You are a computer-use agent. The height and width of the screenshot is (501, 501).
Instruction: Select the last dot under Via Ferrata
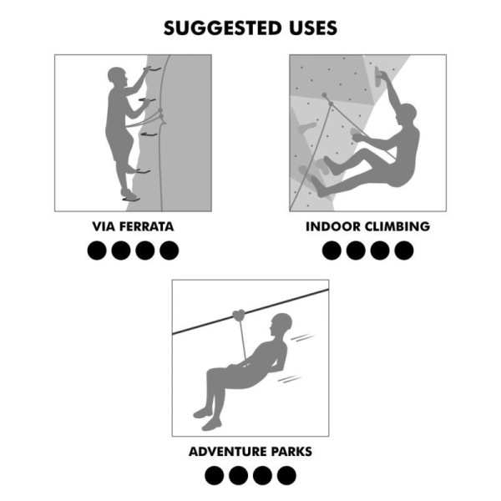[x=170, y=250]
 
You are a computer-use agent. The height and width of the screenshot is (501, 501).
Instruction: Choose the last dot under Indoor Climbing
[x=404, y=250]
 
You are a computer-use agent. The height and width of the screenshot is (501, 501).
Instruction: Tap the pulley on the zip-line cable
[x=240, y=316]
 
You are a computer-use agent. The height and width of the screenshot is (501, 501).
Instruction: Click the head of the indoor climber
[x=407, y=111]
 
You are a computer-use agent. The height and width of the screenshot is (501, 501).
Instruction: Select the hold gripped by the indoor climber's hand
[x=382, y=77]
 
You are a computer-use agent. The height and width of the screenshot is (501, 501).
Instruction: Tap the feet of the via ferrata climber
[x=129, y=195]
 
